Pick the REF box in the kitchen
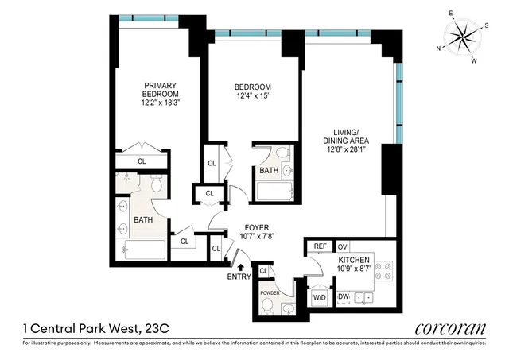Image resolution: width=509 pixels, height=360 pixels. click(x=320, y=246)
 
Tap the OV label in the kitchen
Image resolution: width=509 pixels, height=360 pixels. click(x=344, y=246)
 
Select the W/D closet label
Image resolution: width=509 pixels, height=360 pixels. click(x=319, y=297)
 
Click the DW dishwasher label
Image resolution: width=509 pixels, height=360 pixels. click(x=344, y=297)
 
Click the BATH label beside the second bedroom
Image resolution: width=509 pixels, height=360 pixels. click(x=268, y=170)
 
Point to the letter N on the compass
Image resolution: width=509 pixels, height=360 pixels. click(x=439, y=48)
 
